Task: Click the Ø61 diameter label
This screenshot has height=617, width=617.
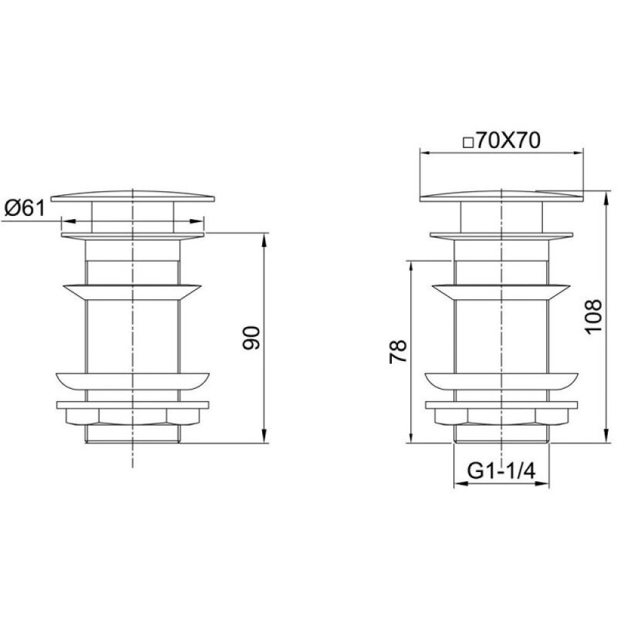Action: point(25,208)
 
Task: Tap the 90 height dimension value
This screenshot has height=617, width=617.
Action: point(251,338)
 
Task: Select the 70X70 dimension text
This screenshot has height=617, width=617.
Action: point(508,140)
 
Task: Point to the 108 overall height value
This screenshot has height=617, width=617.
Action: point(593,317)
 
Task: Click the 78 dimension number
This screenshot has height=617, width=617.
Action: point(397,352)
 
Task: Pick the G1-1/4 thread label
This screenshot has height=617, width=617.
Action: point(501,470)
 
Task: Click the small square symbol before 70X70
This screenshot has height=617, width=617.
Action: point(468,143)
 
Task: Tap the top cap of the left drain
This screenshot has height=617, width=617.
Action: point(133,197)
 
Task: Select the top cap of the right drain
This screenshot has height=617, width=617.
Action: point(502,197)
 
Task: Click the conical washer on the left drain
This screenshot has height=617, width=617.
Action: point(132,292)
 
